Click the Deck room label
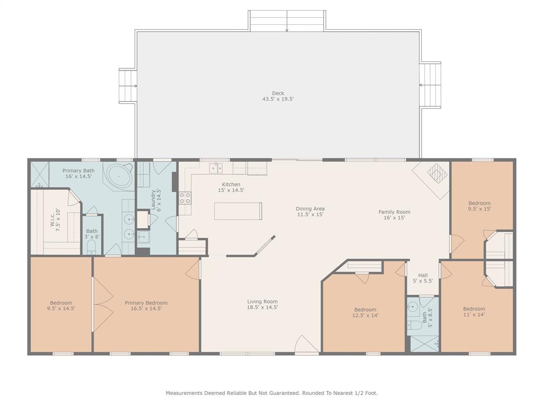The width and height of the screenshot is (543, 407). coord(278,96)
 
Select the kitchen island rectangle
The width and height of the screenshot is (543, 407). coord(238,211)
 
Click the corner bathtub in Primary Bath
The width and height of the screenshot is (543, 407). coord(119,176)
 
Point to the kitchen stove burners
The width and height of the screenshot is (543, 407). coord(185,198)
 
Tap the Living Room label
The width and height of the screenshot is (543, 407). coord(262,304)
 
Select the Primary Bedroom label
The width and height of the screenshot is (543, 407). coord(146,306)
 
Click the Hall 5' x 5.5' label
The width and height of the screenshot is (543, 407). coord(423,278)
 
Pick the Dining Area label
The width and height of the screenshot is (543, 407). coord(310,211)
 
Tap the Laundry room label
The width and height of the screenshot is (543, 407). coord(156,199)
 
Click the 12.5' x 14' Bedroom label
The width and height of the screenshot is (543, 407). coord(365,313)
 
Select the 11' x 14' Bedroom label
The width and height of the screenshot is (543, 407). coord(474,312)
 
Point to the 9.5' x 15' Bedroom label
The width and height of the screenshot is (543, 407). coord(479,206)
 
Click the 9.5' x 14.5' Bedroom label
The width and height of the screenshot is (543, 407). coord(62,306)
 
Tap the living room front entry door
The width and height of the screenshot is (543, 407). coord(305,344)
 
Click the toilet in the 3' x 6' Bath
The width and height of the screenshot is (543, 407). coord(92,247)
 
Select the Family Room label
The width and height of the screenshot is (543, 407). coord(395,215)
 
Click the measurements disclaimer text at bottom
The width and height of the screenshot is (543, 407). coord(271,393)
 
